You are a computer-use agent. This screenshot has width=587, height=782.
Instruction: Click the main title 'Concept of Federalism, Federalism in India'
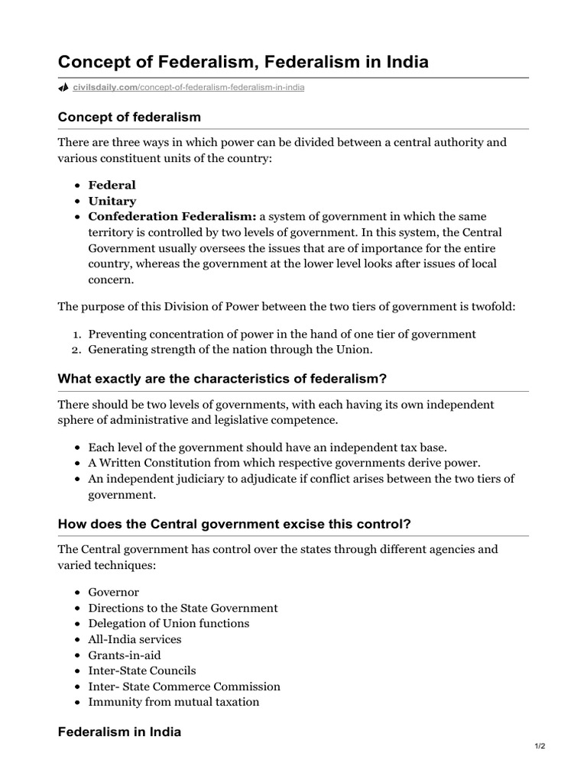point(243,62)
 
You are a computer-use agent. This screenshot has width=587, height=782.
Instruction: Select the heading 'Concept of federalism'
point(129,117)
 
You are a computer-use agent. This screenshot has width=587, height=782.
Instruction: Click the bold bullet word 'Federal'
point(112,185)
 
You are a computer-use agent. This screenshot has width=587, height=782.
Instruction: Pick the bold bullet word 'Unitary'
point(112,201)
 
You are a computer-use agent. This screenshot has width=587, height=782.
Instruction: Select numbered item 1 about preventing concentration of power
point(281,334)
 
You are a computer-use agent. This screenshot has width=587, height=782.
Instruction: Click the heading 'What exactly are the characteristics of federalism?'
point(223,380)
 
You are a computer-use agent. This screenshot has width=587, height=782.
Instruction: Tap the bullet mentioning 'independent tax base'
point(267,447)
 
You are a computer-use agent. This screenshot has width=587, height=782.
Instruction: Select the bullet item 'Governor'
point(114,592)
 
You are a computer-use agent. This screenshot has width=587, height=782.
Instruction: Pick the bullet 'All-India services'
point(135,639)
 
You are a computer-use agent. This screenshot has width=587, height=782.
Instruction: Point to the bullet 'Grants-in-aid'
point(125,655)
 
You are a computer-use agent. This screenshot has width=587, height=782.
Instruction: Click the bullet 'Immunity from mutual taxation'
point(174,702)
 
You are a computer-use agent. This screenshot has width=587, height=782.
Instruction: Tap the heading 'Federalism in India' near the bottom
point(119,732)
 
